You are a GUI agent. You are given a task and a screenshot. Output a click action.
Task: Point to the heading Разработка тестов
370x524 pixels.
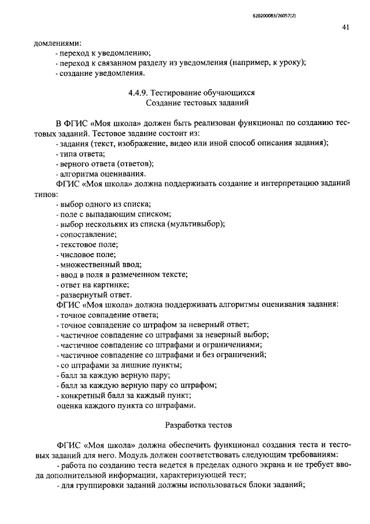(198, 425)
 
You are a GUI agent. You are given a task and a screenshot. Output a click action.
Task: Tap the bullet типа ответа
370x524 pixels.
(82, 153)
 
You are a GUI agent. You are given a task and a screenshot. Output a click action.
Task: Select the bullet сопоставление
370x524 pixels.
(88, 234)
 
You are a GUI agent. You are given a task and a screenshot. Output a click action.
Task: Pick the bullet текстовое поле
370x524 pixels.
(88, 244)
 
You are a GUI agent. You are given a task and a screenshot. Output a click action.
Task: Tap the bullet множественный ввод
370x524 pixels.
(96, 264)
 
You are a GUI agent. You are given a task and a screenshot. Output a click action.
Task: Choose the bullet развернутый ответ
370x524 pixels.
(93, 294)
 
